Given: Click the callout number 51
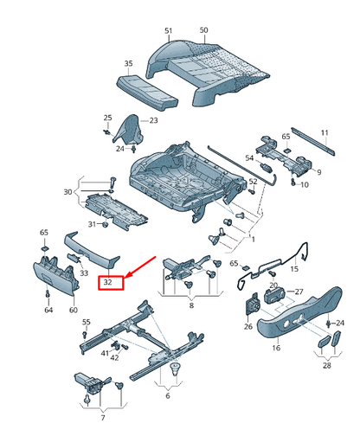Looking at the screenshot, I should (x=169, y=30).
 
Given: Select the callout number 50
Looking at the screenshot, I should (x=204, y=30).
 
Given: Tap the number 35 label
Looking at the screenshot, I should (x=128, y=64).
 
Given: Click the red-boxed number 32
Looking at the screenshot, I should (x=110, y=282).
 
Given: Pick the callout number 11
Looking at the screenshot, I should (x=325, y=132).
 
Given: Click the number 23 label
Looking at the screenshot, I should (x=154, y=120).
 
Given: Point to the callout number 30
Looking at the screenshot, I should (x=68, y=191).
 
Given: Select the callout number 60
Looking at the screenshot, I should (x=73, y=309).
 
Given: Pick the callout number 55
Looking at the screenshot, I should (x=86, y=323).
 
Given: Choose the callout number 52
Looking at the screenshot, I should (x=253, y=182).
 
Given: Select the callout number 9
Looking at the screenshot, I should (x=318, y=172).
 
